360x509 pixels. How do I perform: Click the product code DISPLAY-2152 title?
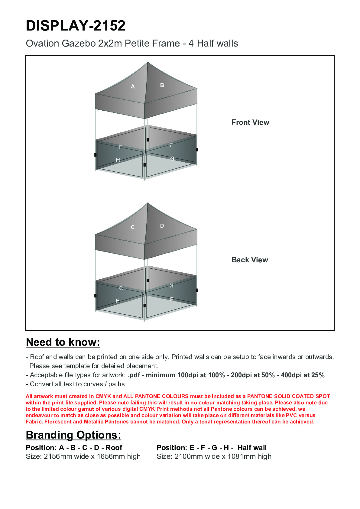pyautogui.click(x=76, y=26)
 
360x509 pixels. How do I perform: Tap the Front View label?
pyautogui.click(x=250, y=122)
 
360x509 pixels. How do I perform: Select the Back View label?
pyautogui.click(x=250, y=260)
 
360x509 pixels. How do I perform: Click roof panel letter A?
pyautogui.click(x=133, y=87)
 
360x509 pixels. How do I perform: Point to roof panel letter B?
pyautogui.click(x=162, y=85)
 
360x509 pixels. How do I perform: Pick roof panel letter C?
pyautogui.click(x=133, y=227)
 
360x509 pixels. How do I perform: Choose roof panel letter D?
pyautogui.click(x=162, y=226)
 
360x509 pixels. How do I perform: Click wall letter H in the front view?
pyautogui.click(x=118, y=160)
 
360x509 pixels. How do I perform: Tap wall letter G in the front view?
pyautogui.click(x=172, y=159)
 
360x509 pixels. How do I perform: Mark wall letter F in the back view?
pyautogui.click(x=118, y=301)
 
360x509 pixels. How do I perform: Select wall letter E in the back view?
pyautogui.click(x=172, y=300)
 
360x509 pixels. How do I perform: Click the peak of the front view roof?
pyautogui.click(x=148, y=63)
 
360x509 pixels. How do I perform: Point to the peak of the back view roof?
pyautogui.click(x=148, y=203)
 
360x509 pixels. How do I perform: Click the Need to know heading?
pyautogui.click(x=63, y=342)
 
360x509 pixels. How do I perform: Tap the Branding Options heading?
pyautogui.click(x=73, y=435)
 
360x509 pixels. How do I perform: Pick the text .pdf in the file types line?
pyautogui.click(x=134, y=375)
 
